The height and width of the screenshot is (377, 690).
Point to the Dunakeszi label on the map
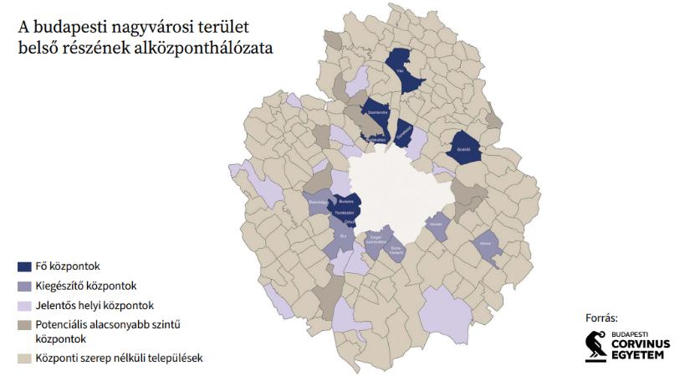[403, 131]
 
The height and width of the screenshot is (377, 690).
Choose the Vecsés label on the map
[436, 224]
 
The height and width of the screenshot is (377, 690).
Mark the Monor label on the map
[485, 245]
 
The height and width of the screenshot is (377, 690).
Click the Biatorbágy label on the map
[319, 202]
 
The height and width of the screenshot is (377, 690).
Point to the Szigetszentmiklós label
[376, 239]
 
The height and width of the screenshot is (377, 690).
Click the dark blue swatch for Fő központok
[25, 267]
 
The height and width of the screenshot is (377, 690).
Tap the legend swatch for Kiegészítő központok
[25, 287]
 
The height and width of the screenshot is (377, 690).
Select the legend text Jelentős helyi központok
[94, 306]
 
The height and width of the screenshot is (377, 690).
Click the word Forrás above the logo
[601, 318]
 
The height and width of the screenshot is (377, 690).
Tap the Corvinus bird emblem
[595, 346]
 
